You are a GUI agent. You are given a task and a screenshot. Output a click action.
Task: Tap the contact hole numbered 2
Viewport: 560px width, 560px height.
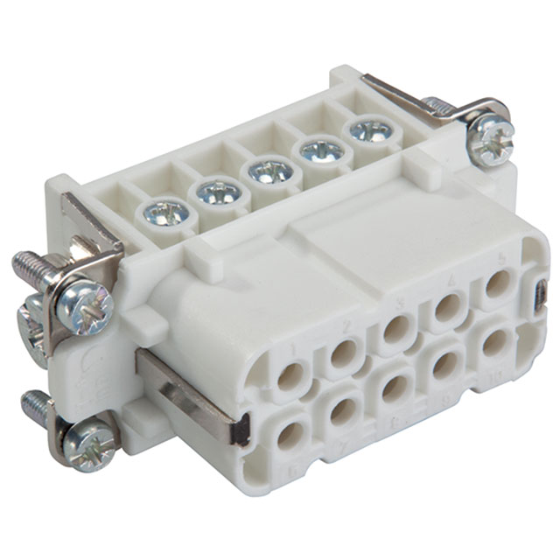point(343,353)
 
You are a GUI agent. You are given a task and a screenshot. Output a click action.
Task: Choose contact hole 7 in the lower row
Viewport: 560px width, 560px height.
point(343,411)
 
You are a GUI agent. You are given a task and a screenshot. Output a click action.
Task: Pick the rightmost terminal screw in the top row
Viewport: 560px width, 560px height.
point(370,132)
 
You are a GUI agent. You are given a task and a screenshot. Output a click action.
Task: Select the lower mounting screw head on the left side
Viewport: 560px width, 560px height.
point(90,446)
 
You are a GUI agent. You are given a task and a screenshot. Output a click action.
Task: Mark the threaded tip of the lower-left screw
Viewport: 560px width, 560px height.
point(33,405)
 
